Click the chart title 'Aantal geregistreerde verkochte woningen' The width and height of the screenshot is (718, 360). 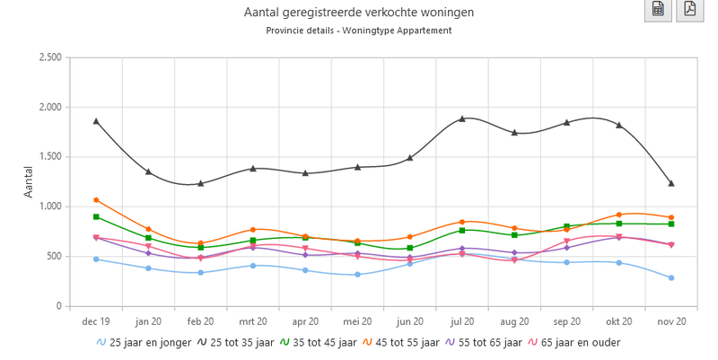pos(359,13)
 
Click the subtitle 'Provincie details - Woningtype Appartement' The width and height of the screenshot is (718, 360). pos(359,31)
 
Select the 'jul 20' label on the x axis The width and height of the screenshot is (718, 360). pos(461,320)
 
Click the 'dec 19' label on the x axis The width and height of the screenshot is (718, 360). pos(96,320)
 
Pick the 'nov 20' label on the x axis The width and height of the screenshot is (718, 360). pos(670,320)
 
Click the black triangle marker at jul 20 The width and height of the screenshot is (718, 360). pos(462,119)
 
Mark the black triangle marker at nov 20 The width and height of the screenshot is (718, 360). pos(670,183)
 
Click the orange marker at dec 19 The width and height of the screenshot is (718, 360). pos(96,200)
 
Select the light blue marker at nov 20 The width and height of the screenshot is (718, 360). pos(670,277)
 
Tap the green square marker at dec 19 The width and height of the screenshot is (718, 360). pos(96,217)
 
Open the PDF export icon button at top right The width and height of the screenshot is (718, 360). pos(689,10)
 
